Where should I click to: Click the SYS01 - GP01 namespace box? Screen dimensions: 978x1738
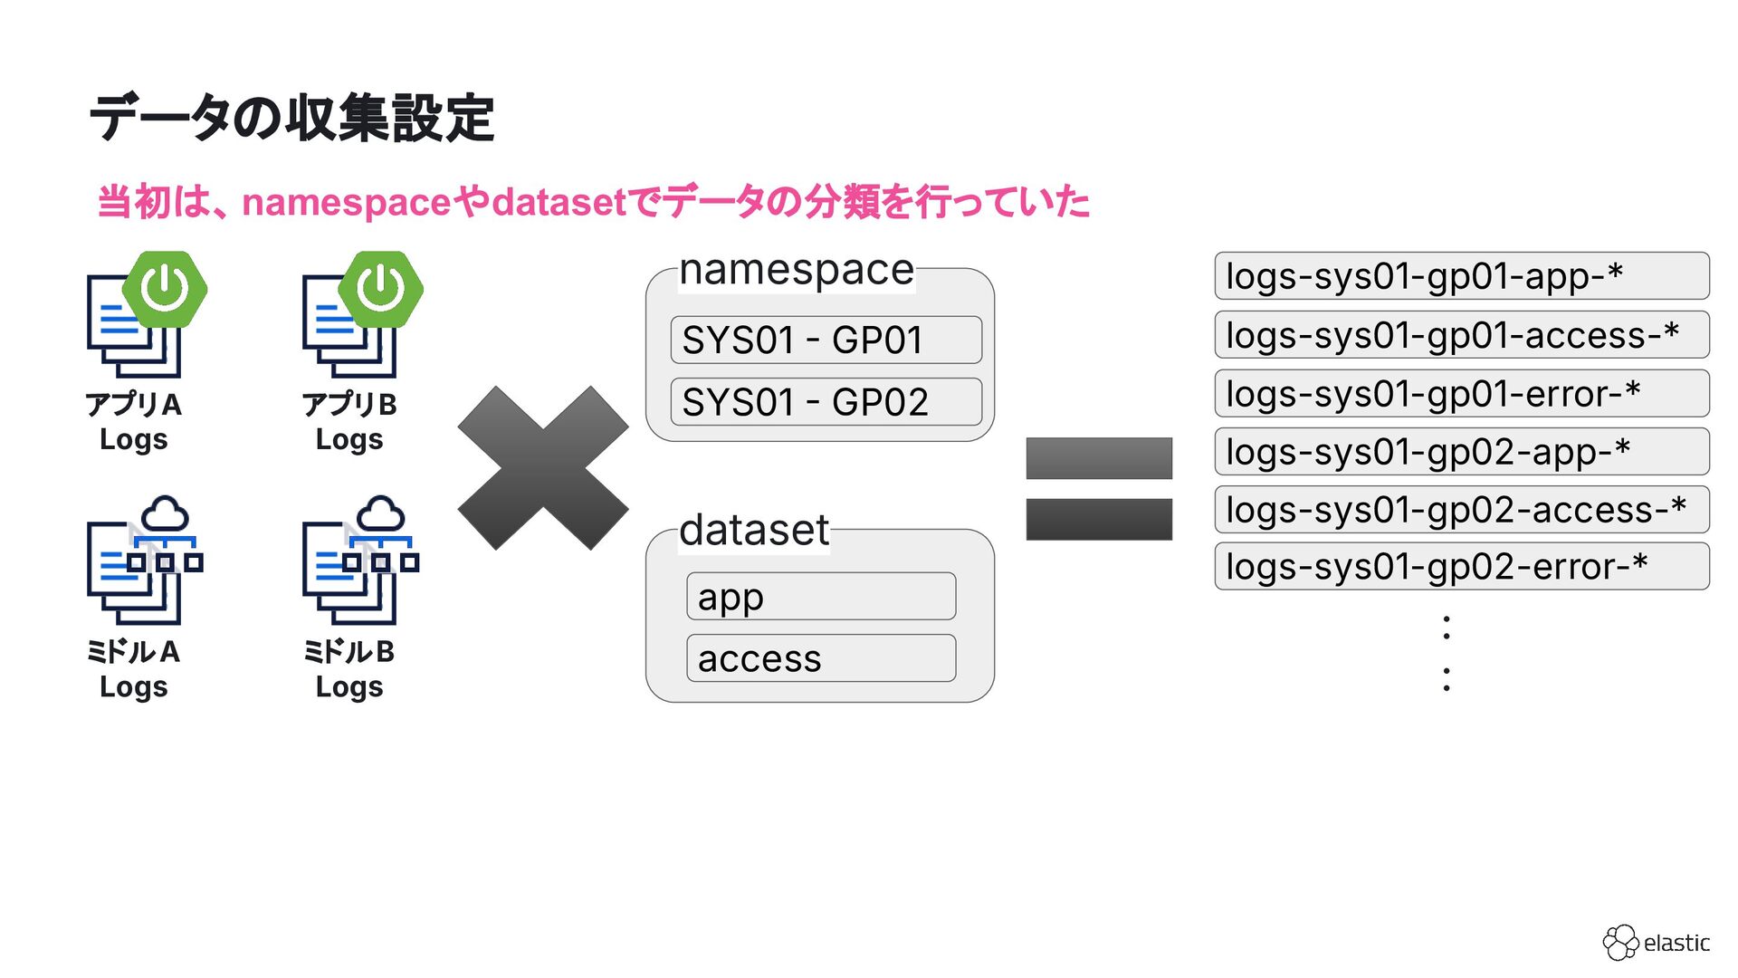click(x=826, y=340)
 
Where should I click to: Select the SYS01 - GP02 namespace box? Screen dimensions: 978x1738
click(x=826, y=402)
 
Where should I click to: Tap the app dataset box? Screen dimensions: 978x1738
click(x=820, y=597)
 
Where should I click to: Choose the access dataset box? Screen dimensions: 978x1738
click(x=820, y=658)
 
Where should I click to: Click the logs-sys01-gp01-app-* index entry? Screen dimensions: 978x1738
click(x=1461, y=276)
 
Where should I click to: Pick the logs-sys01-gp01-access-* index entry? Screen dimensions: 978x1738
click(x=1461, y=335)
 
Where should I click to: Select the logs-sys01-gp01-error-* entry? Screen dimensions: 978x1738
click(x=1461, y=394)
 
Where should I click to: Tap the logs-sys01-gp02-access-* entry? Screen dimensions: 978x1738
click(x=1461, y=510)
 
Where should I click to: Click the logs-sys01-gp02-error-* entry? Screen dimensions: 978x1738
click(x=1461, y=567)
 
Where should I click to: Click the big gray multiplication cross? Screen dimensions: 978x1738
click(x=542, y=468)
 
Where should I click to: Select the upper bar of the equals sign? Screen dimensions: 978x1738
click(x=1098, y=458)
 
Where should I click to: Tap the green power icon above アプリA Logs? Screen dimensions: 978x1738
click(x=165, y=289)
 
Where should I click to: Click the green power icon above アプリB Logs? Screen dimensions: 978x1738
click(x=380, y=289)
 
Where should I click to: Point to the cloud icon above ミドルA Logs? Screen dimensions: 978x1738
click(x=165, y=514)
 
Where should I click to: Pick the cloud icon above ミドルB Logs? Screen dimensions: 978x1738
click(x=380, y=514)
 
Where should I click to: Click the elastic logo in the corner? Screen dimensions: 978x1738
click(x=1656, y=943)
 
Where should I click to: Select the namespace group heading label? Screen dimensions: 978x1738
click(x=797, y=270)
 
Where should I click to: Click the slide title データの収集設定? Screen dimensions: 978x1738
click(x=291, y=118)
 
